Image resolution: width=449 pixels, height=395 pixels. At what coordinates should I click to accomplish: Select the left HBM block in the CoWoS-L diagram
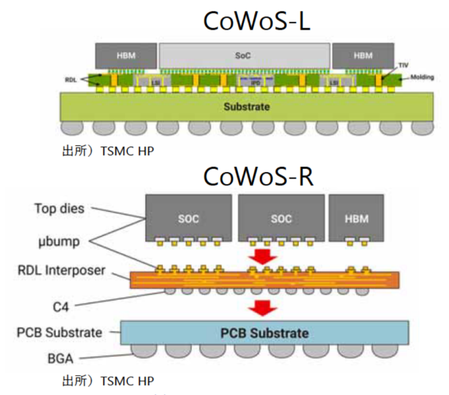pyautogui.click(x=127, y=55)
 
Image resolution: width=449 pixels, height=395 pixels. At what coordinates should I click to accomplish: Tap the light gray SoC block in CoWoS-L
pyautogui.click(x=244, y=55)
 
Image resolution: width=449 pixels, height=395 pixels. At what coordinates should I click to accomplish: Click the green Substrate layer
pyautogui.click(x=246, y=107)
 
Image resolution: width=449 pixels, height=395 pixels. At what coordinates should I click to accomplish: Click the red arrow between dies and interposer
pyautogui.click(x=264, y=254)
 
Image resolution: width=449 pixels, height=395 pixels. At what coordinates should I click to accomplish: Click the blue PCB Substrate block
pyautogui.click(x=264, y=333)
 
